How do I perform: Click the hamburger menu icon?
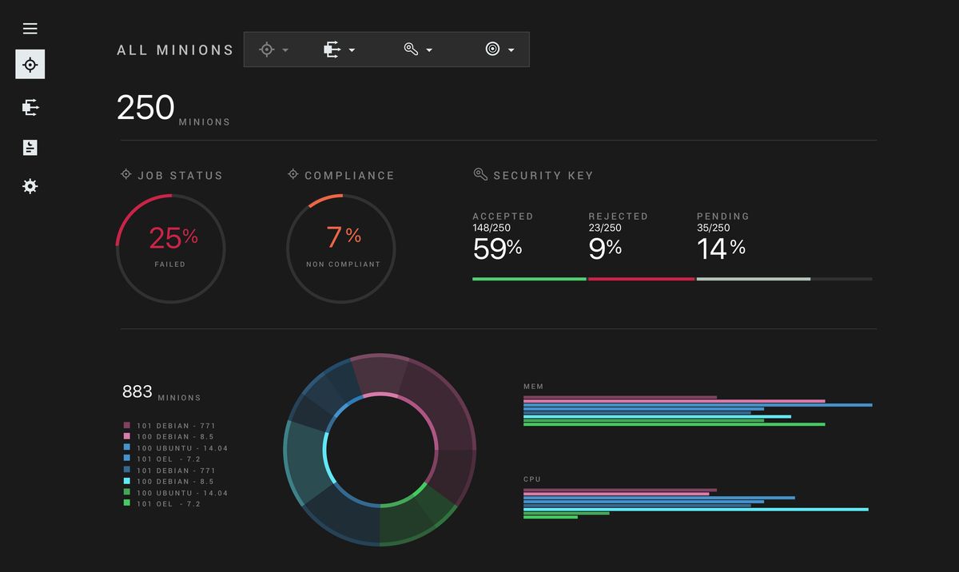30,29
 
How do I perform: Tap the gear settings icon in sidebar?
30,186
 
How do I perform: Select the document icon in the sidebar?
30,147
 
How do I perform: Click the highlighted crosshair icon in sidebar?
30,65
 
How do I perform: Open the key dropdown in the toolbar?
418,50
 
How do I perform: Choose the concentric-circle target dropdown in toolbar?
499,50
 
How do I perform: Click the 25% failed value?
173,237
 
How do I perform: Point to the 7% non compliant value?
343,236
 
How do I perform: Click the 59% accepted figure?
497,248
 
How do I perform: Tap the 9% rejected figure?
605,248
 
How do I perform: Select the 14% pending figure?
721,248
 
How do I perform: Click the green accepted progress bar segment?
529,279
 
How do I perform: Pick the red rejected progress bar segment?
641,279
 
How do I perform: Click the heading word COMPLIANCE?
349,176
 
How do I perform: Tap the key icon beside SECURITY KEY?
480,174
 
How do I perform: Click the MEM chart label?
533,387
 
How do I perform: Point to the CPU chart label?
532,479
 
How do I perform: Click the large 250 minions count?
145,108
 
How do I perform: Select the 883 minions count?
137,391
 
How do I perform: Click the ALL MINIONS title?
175,50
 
